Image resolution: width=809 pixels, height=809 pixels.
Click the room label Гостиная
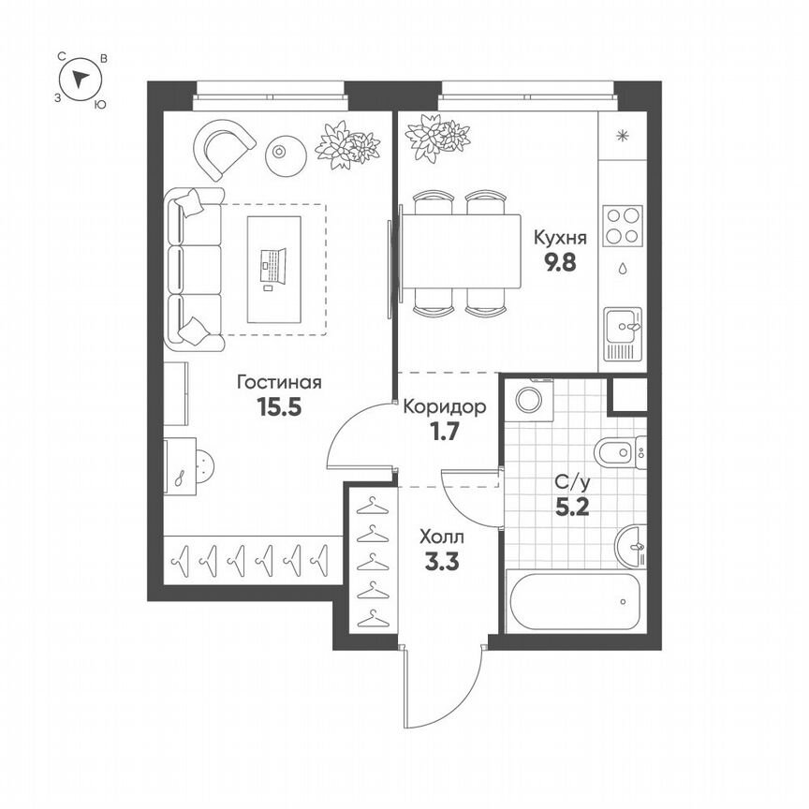click(279, 383)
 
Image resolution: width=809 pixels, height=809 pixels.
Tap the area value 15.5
click(279, 407)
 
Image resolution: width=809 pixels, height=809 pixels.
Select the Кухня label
click(556, 237)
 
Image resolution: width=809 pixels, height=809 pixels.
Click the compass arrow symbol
click(82, 79)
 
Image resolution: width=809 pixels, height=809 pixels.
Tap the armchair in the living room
click(224, 147)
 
